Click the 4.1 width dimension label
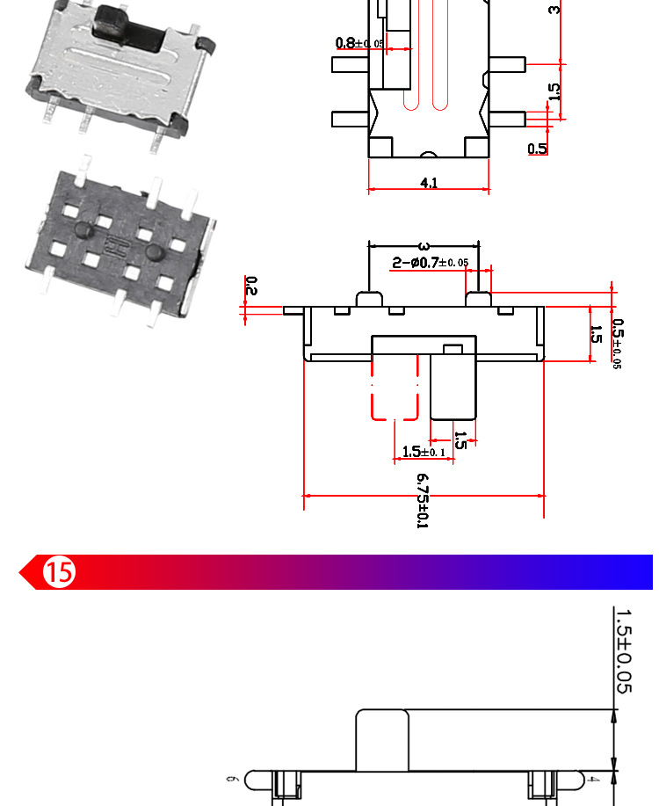(x=429, y=183)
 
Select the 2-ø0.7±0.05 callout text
(x=430, y=262)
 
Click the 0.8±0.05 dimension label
(x=358, y=43)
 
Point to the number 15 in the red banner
(x=60, y=573)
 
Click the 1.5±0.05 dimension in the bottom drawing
(x=623, y=650)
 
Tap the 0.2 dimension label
(x=251, y=286)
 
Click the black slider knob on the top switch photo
(x=129, y=29)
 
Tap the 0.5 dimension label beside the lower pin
(x=537, y=149)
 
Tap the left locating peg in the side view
(x=369, y=299)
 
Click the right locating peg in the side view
(x=478, y=299)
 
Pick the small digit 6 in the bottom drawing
(x=231, y=779)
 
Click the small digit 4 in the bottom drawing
(x=595, y=779)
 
